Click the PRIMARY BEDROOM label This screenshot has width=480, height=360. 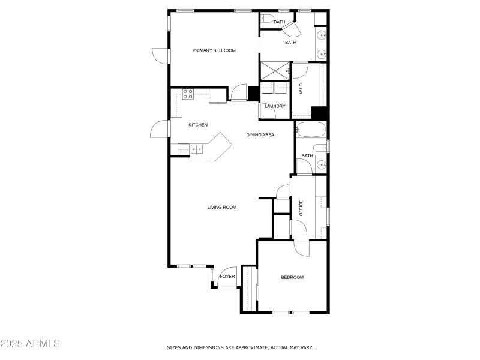coord(214,50)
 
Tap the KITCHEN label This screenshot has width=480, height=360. coord(198,125)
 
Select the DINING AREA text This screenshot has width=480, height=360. coord(260,135)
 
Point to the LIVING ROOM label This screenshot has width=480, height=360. coord(222,208)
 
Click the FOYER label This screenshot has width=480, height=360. coord(227,277)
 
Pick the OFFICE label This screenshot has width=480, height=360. coord(301,208)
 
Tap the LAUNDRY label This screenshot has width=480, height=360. coord(275,107)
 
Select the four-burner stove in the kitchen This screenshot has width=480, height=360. coord(188,94)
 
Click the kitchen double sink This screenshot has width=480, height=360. coord(197,149)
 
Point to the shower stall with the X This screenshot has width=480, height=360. coord(274,71)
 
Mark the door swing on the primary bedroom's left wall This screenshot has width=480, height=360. coord(161,56)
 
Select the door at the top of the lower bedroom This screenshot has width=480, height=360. coord(301,247)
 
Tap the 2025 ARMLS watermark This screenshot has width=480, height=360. coord(30,344)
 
